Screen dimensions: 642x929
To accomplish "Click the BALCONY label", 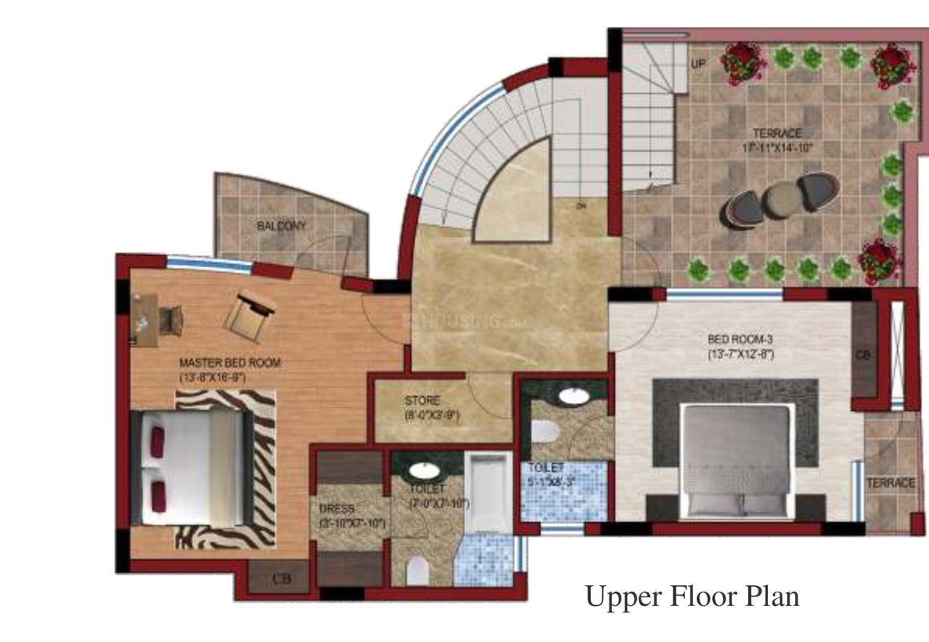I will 281,227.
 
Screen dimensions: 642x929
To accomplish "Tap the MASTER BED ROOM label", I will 230,363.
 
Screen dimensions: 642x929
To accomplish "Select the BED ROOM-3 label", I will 740,339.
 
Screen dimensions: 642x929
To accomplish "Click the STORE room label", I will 422,400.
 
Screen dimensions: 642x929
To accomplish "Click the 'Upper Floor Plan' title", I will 692,596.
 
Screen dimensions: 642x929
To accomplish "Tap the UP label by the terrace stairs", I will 698,64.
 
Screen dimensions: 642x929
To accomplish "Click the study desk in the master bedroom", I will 144,319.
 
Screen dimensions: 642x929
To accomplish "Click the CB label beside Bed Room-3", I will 863,354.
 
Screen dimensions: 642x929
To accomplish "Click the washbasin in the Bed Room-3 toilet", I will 572,395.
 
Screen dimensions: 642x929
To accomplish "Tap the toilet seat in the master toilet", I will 417,571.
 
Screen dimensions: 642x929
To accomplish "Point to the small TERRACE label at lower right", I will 890,484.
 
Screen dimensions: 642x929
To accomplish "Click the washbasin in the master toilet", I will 420,471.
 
